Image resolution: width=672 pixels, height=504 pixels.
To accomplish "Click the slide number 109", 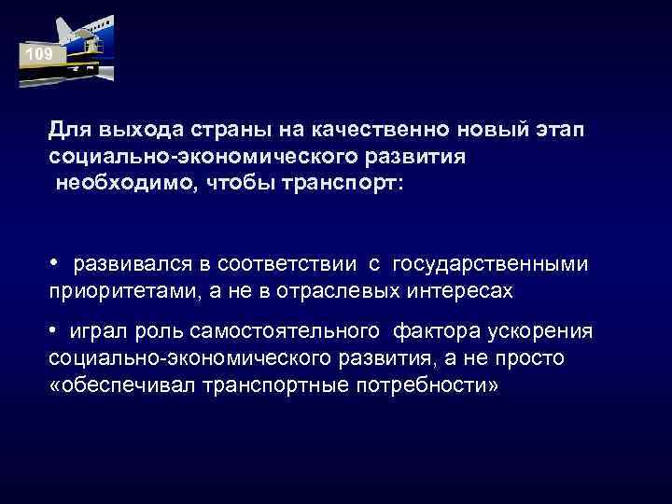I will click(39, 55).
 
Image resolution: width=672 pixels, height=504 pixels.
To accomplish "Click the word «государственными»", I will click(491, 266).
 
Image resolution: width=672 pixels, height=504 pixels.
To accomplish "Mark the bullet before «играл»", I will click(55, 332).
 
